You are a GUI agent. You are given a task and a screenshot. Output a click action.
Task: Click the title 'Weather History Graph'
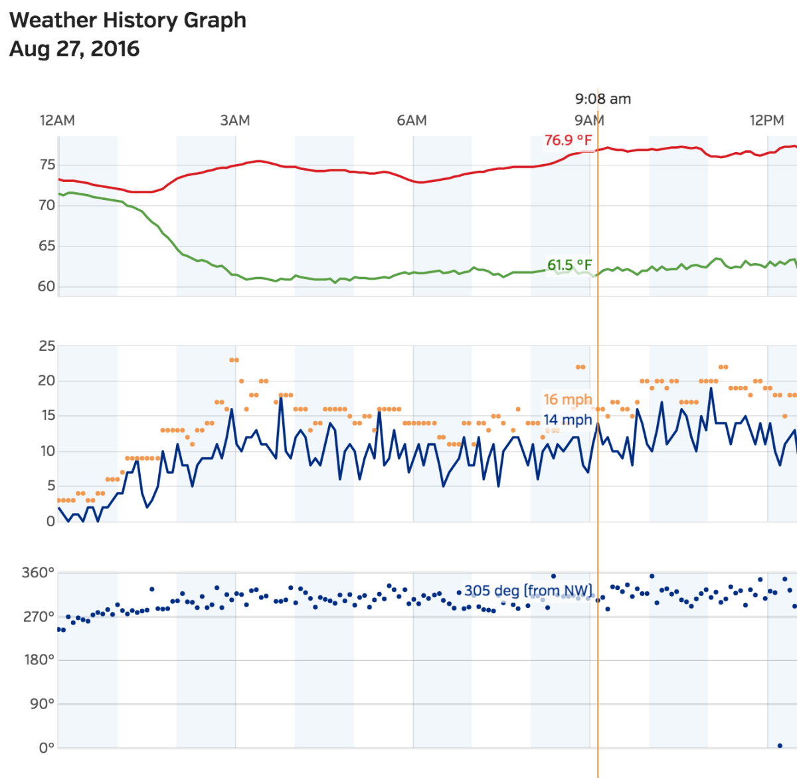coord(128,21)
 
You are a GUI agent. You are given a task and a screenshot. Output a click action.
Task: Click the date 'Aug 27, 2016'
coord(74,49)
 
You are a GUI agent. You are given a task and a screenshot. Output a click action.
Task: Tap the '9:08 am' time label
coord(602,99)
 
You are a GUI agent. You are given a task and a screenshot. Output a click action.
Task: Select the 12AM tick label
coord(57,121)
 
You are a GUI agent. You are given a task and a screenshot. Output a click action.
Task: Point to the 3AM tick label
coord(235,121)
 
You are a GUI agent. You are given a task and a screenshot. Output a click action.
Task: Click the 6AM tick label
coord(412,121)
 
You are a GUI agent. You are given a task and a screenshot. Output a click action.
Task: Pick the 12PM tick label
coord(766,121)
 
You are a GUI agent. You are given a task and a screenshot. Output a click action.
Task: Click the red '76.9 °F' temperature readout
coord(568,140)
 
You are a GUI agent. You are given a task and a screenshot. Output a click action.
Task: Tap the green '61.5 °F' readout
coord(569,266)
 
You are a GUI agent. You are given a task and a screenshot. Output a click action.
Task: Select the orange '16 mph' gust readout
coord(567,399)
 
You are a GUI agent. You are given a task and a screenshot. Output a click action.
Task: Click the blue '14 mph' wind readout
coord(567,420)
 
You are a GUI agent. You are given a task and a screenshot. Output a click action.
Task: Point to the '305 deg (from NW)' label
coord(528,591)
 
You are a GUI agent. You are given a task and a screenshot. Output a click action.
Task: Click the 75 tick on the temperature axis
coord(47,165)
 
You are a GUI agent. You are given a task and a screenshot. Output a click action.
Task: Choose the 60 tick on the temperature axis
coord(46,287)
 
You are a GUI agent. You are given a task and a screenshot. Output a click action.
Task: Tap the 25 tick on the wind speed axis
coord(47,346)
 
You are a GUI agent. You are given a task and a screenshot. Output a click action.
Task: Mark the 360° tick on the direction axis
coord(39,573)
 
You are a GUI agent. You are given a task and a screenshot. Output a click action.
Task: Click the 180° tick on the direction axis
coord(39,660)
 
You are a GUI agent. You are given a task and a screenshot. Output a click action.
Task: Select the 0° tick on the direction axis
coord(46,747)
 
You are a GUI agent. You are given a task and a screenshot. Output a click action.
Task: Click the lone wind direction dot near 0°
coord(780,746)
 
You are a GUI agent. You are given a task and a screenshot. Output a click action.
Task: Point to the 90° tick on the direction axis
coord(42,704)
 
